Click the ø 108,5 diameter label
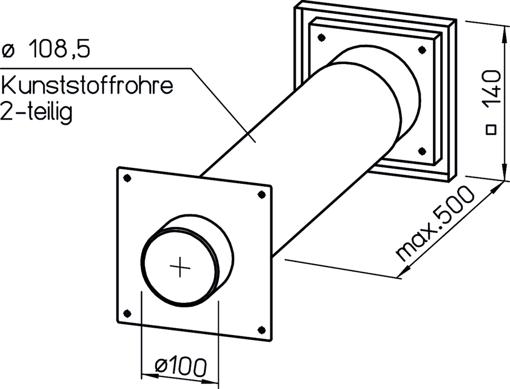point(45,50)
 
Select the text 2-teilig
point(36,111)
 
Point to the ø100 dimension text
point(181,366)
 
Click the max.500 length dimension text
point(435,223)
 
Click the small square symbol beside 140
point(491,130)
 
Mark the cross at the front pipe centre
point(180,267)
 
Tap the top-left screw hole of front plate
point(127,178)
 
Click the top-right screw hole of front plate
point(261,195)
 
